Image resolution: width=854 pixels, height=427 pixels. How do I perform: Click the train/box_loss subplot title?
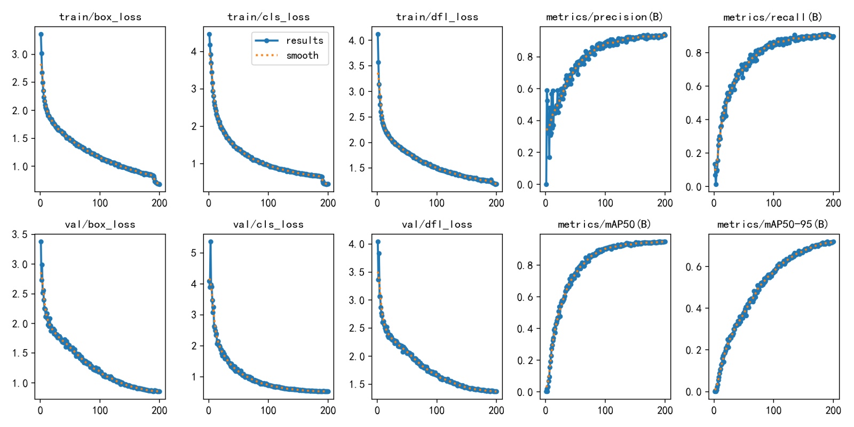pos(100,17)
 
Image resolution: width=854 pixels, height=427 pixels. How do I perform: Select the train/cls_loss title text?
pos(268,17)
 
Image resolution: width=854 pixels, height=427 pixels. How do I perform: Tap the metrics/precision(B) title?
pos(604,17)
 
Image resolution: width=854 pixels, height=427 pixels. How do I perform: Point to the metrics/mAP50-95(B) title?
pos(773,224)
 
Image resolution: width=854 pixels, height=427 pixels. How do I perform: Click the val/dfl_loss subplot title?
pos(437,224)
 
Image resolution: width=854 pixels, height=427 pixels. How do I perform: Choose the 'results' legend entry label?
pos(304,41)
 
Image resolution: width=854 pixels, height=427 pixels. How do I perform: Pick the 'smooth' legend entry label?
pos(302,56)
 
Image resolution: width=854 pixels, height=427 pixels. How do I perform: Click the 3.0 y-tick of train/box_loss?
pos(20,54)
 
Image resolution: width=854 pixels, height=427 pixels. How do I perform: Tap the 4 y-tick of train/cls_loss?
pos(194,52)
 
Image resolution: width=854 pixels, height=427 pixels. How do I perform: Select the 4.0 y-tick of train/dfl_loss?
pos(357,41)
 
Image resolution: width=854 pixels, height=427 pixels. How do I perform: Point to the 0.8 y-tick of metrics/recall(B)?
pos(693,53)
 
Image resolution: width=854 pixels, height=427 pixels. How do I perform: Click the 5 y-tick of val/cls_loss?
pos(194,253)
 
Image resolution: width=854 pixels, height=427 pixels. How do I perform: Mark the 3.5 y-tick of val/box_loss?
pos(20,235)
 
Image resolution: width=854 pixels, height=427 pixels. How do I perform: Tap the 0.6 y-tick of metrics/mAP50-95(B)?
pos(693,267)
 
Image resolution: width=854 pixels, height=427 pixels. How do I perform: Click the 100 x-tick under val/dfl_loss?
pos(437,410)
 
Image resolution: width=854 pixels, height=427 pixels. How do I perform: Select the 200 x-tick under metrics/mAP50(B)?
pos(665,410)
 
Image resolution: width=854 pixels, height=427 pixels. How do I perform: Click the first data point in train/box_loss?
pos(41,34)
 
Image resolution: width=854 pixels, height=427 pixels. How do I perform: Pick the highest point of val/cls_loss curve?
pos(211,242)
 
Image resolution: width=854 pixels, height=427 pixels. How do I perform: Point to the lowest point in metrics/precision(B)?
pos(546,184)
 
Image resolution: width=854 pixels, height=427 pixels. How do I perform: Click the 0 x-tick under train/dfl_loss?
pos(377,203)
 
